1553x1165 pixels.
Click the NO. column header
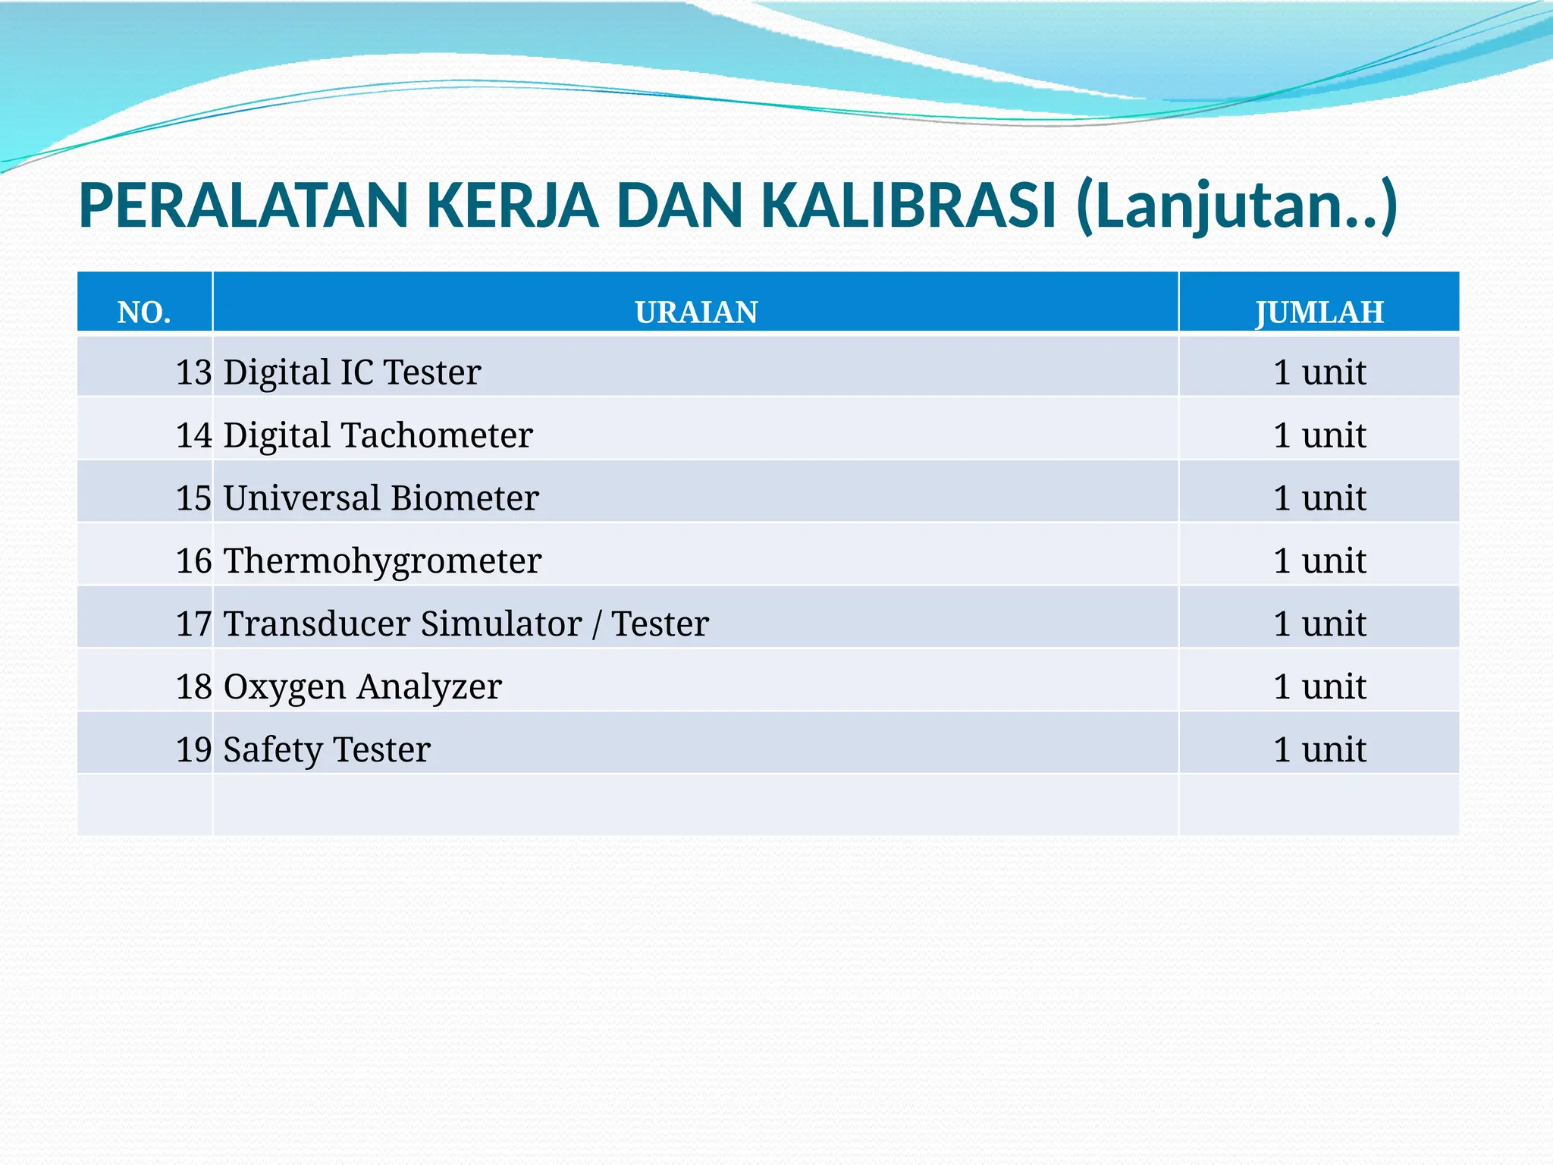point(144,312)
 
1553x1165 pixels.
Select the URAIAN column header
point(696,312)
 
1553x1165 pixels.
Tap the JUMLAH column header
point(1319,312)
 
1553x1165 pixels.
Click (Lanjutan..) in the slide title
point(1236,206)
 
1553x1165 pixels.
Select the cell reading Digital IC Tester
point(352,372)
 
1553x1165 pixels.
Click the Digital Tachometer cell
point(378,435)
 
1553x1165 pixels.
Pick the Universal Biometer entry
point(381,498)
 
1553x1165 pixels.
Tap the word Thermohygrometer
point(382,561)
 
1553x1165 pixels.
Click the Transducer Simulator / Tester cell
point(466,624)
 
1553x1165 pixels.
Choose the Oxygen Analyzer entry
point(362,687)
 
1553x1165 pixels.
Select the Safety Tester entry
point(327,750)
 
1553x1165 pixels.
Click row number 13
point(193,372)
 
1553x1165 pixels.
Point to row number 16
point(193,561)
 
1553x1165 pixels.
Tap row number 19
point(193,750)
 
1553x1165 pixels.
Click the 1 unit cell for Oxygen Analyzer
point(1319,687)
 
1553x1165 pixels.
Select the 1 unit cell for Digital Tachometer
point(1319,435)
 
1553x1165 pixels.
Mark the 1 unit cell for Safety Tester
point(1319,750)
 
